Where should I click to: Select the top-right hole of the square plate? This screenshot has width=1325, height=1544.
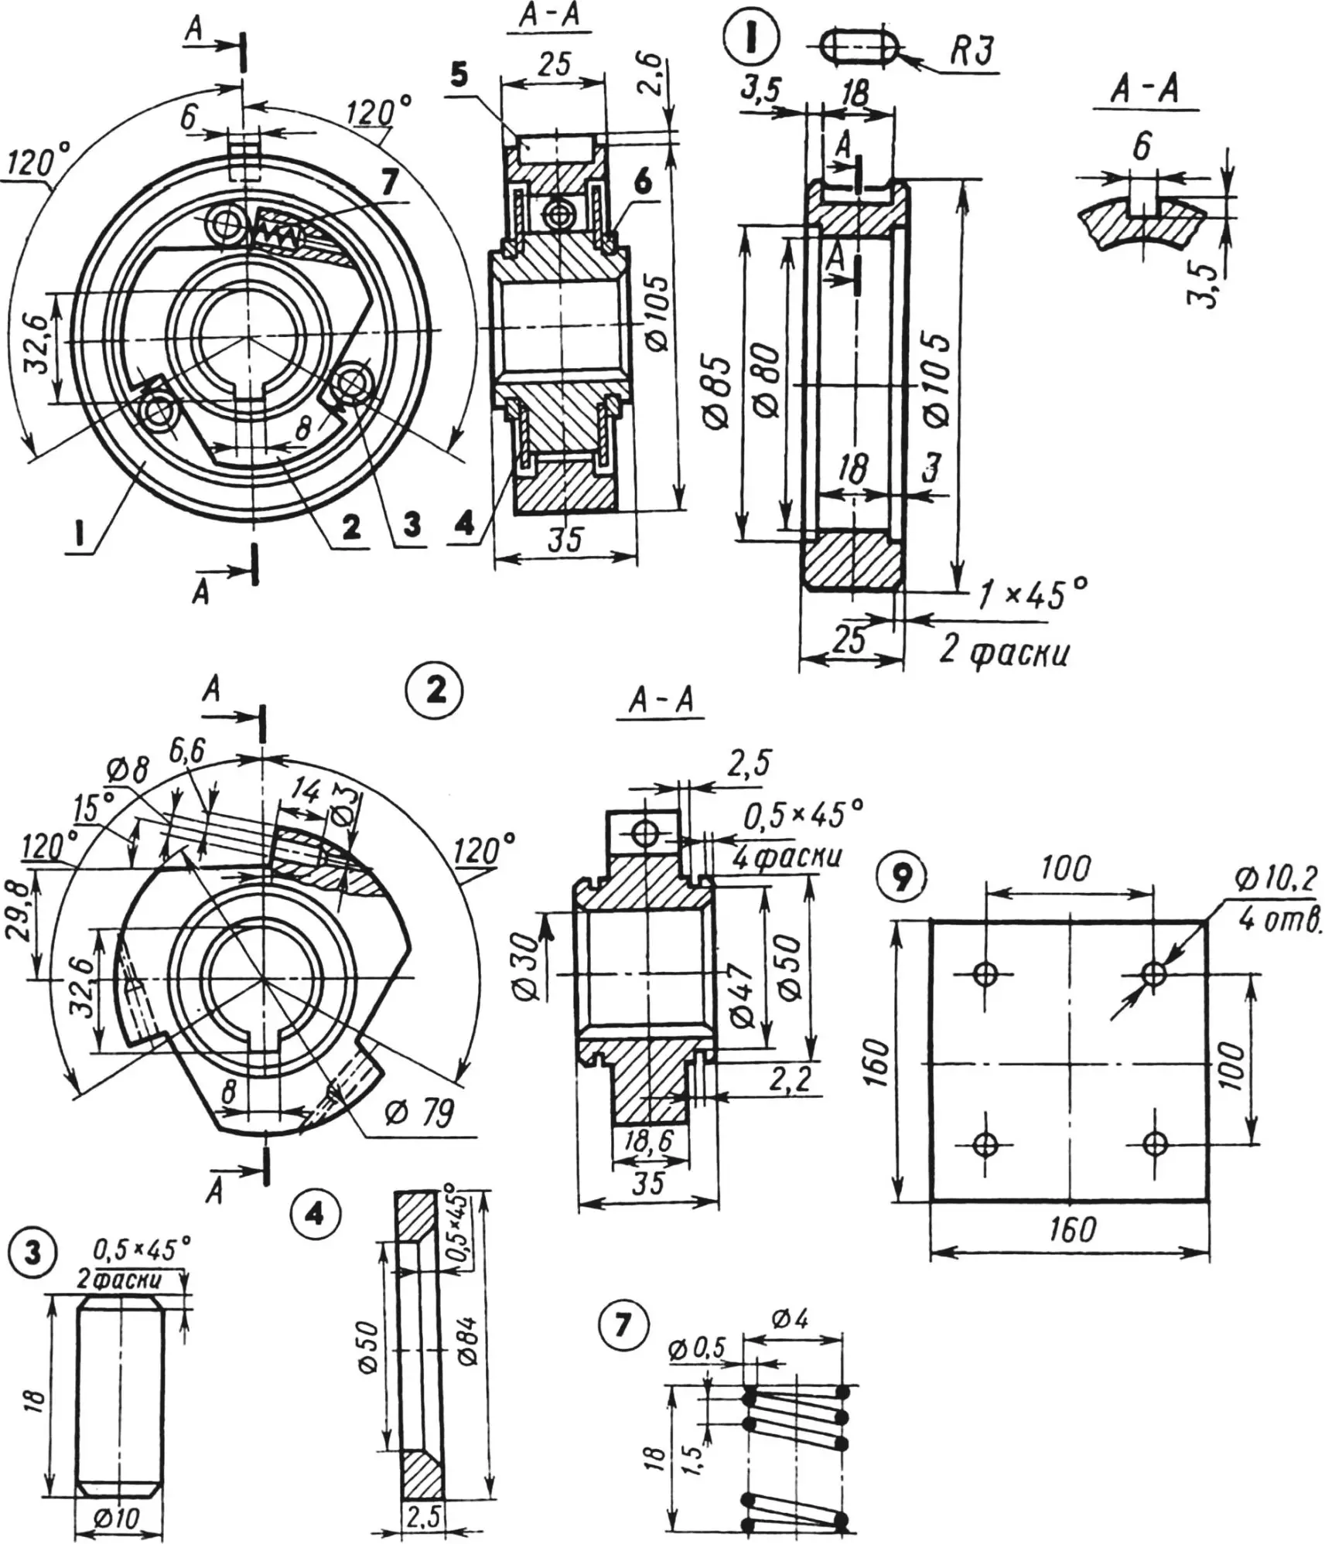coord(1154,973)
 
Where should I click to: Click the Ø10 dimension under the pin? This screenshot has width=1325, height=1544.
coord(119,1518)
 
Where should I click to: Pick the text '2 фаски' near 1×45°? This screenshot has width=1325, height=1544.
coord(1005,653)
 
